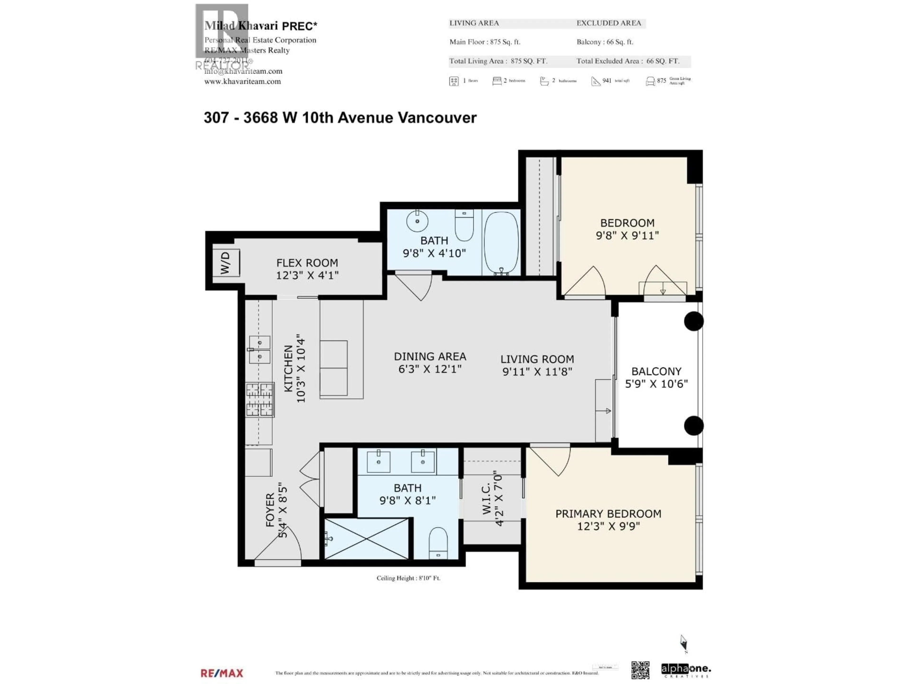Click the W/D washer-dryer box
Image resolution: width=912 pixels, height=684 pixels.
pos(226,263)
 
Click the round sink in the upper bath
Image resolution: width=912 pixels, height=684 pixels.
pos(417,221)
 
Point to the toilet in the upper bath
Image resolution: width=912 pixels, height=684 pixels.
pos(464,225)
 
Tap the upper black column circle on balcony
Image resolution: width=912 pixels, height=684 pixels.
pos(694,321)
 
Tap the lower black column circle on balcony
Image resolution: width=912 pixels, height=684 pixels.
pos(694,426)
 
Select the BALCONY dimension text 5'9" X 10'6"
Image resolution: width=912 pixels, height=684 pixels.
pos(656,384)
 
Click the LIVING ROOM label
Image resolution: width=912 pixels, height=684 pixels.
pos(537,359)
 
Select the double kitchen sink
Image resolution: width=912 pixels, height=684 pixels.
pos(260,350)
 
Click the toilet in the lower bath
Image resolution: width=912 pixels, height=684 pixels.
pos(438,543)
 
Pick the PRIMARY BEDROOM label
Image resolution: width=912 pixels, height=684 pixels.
pos(608,514)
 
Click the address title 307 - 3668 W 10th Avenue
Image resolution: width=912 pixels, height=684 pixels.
pos(340,118)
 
